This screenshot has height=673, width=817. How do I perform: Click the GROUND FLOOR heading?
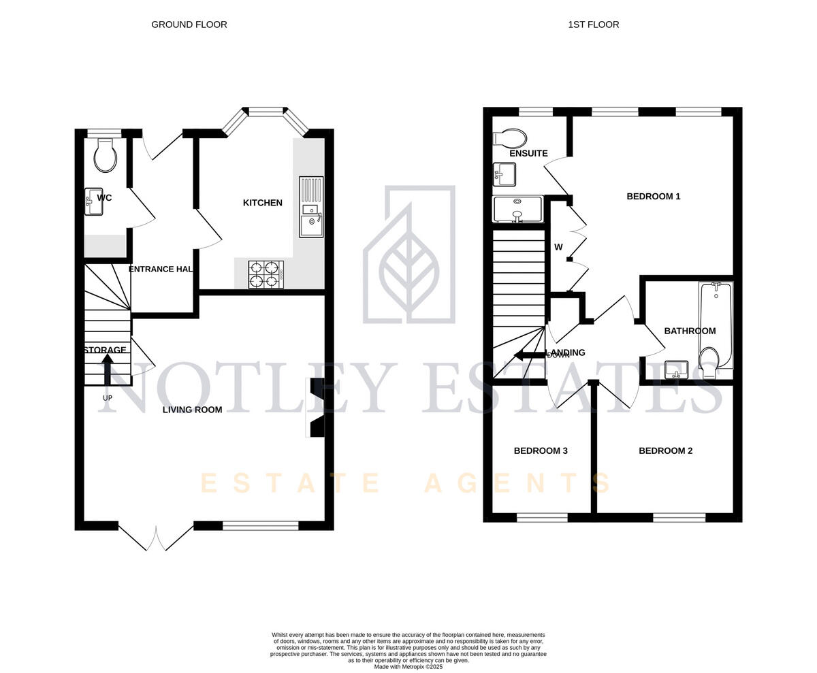[x=189, y=24]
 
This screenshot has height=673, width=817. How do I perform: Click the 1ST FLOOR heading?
[x=593, y=24]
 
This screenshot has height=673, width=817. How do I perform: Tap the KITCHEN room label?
[x=262, y=203]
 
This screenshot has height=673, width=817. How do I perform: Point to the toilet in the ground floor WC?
[x=105, y=156]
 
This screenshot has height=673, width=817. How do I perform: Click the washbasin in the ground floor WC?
[x=93, y=201]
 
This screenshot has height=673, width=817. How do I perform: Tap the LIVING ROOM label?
[x=192, y=410]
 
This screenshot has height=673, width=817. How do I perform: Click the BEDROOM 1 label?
[x=653, y=197]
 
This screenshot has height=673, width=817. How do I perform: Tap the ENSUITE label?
[x=528, y=154]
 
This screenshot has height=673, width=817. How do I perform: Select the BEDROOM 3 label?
[x=541, y=450]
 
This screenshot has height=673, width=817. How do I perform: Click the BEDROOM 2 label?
[x=665, y=450]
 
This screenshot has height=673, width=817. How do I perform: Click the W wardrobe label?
[x=558, y=248]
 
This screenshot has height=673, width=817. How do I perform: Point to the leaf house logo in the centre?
[x=409, y=255]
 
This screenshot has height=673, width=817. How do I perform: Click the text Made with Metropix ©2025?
[x=408, y=667]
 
